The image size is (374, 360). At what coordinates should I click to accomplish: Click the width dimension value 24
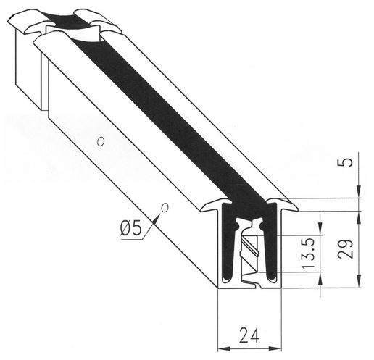click(249, 335)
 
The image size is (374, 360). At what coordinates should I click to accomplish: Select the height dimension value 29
click(345, 249)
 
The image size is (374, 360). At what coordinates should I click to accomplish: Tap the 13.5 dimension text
click(308, 254)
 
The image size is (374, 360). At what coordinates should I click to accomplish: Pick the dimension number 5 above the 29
click(345, 162)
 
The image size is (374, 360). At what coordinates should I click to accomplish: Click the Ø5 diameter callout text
click(130, 228)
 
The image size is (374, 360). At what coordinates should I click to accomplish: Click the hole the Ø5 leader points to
click(165, 208)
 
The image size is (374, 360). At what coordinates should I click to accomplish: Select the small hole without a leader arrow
click(101, 141)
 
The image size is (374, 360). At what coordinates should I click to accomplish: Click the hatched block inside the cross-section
click(249, 253)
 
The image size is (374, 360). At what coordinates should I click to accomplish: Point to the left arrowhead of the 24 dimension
click(223, 348)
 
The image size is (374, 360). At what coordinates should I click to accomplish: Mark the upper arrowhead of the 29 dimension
click(359, 217)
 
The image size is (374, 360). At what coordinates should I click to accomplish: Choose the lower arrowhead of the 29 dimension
click(359, 282)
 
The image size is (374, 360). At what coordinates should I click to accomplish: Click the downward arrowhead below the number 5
click(359, 192)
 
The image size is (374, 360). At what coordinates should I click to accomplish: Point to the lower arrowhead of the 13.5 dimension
click(320, 278)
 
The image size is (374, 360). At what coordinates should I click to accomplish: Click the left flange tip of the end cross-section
click(201, 210)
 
